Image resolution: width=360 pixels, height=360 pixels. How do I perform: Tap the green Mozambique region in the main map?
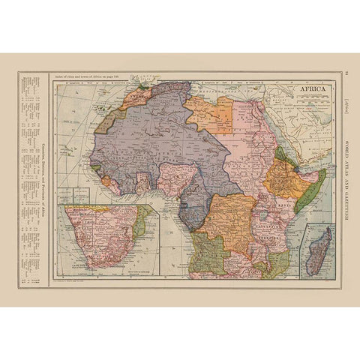tap(277, 259)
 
